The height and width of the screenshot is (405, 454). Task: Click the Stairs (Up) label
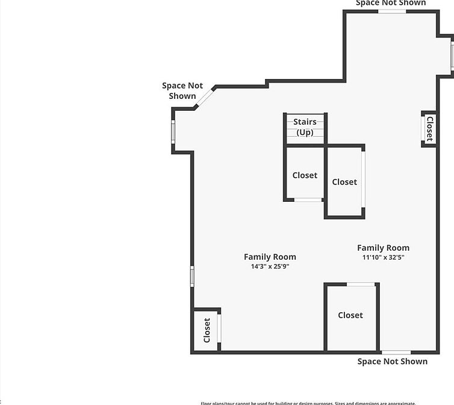coord(305,127)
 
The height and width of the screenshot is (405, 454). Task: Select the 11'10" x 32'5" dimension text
coord(383,257)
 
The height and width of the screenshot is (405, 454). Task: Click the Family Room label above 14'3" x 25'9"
coord(270,257)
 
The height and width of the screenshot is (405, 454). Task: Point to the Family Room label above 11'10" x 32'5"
coord(383,248)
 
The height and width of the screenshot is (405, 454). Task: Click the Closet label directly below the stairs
coord(305,175)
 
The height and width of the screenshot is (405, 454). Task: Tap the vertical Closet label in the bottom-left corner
coord(207,330)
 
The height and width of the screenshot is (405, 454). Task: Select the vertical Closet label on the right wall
coord(429,128)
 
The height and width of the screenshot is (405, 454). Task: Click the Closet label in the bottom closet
coord(350,315)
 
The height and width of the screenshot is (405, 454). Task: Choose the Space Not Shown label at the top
coord(391,3)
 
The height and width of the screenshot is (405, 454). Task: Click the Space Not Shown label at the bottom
coord(393,362)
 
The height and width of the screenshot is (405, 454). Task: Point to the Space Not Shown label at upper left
coord(182,91)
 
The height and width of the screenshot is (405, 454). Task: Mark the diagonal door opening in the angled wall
coord(205,98)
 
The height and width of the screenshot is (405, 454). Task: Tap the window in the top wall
coord(392,11)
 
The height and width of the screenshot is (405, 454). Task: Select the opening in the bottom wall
coord(396,352)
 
